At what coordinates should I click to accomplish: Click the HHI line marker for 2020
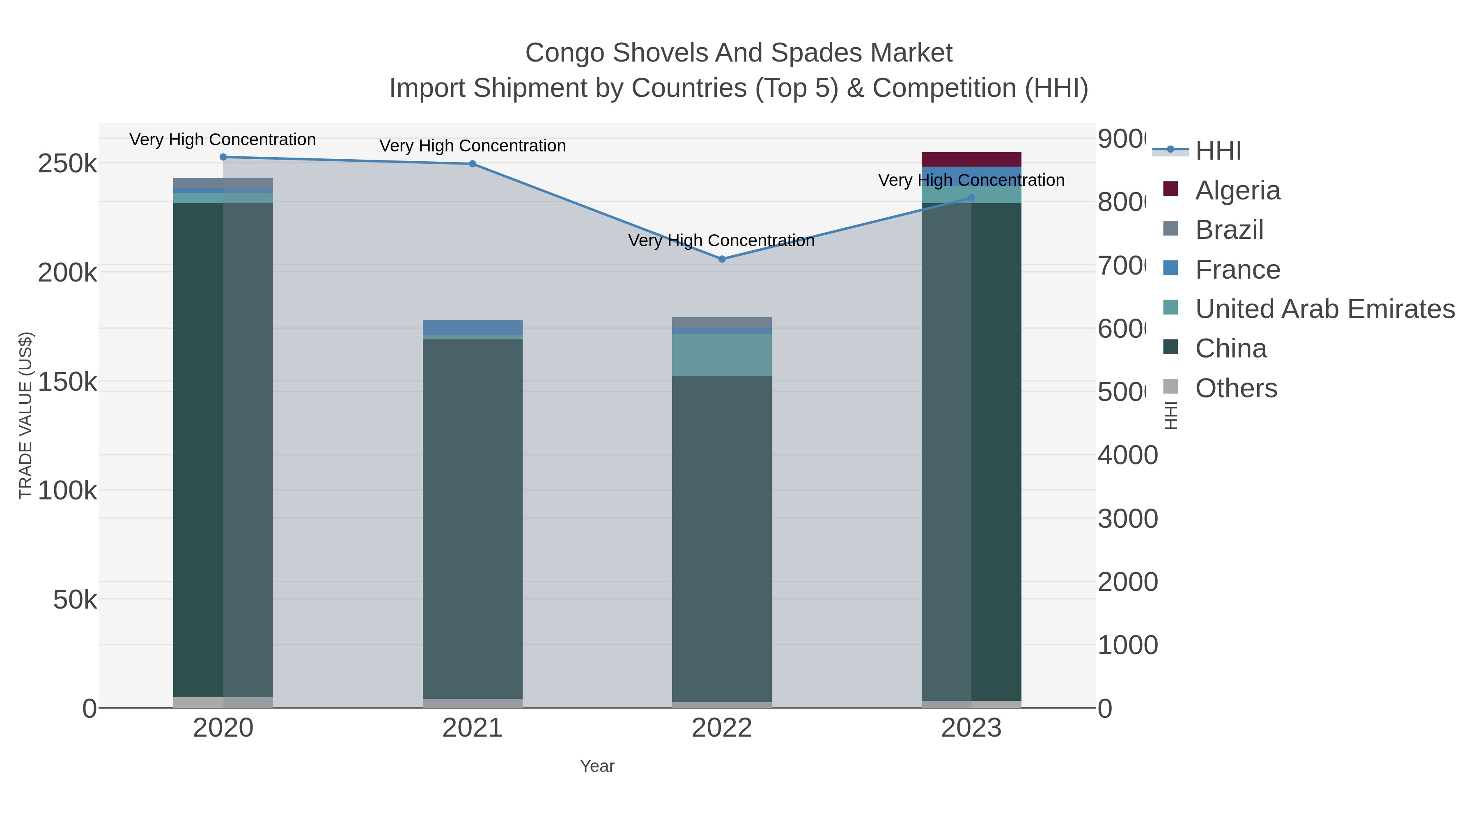pyautogui.click(x=223, y=157)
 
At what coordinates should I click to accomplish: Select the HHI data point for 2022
pyautogui.click(x=722, y=259)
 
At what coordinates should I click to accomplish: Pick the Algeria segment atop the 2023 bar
pyautogui.click(x=971, y=160)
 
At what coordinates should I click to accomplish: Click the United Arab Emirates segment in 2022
pyautogui.click(x=722, y=355)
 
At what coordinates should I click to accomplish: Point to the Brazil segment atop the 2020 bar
pyautogui.click(x=223, y=182)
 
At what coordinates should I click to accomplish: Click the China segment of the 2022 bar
pyautogui.click(x=722, y=539)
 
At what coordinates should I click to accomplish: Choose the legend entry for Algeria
pyautogui.click(x=1237, y=190)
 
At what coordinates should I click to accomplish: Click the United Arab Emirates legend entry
pyautogui.click(x=1324, y=309)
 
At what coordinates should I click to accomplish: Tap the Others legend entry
pyautogui.click(x=1236, y=388)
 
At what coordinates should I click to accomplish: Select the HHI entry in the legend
pyautogui.click(x=1218, y=151)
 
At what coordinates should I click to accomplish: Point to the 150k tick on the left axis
pyautogui.click(x=68, y=382)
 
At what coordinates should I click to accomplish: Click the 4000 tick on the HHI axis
pyautogui.click(x=1127, y=456)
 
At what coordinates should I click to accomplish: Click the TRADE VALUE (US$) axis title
pyautogui.click(x=26, y=415)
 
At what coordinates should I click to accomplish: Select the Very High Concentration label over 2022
pyautogui.click(x=721, y=240)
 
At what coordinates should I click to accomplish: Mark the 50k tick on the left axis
pyautogui.click(x=75, y=600)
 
